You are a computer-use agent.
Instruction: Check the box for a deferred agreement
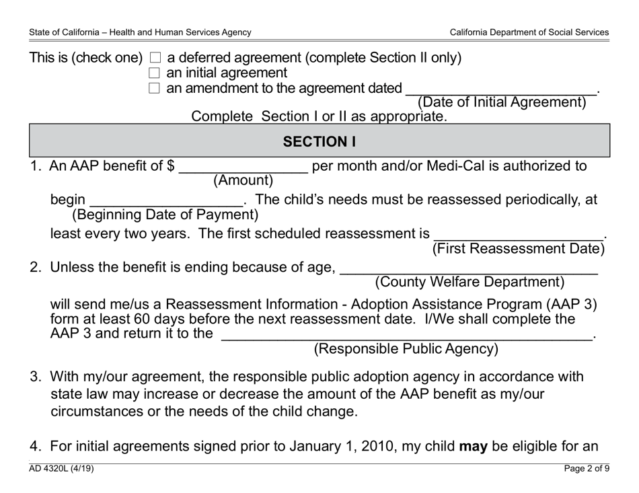(x=154, y=59)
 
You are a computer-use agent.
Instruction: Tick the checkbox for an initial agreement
(x=154, y=73)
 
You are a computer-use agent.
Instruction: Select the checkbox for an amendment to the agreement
(x=154, y=88)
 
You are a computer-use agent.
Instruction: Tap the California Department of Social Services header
(x=529, y=32)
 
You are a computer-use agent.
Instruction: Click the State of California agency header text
(x=140, y=32)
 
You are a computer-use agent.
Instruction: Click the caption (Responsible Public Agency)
(x=406, y=349)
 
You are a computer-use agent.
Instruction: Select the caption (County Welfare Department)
(x=469, y=282)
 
